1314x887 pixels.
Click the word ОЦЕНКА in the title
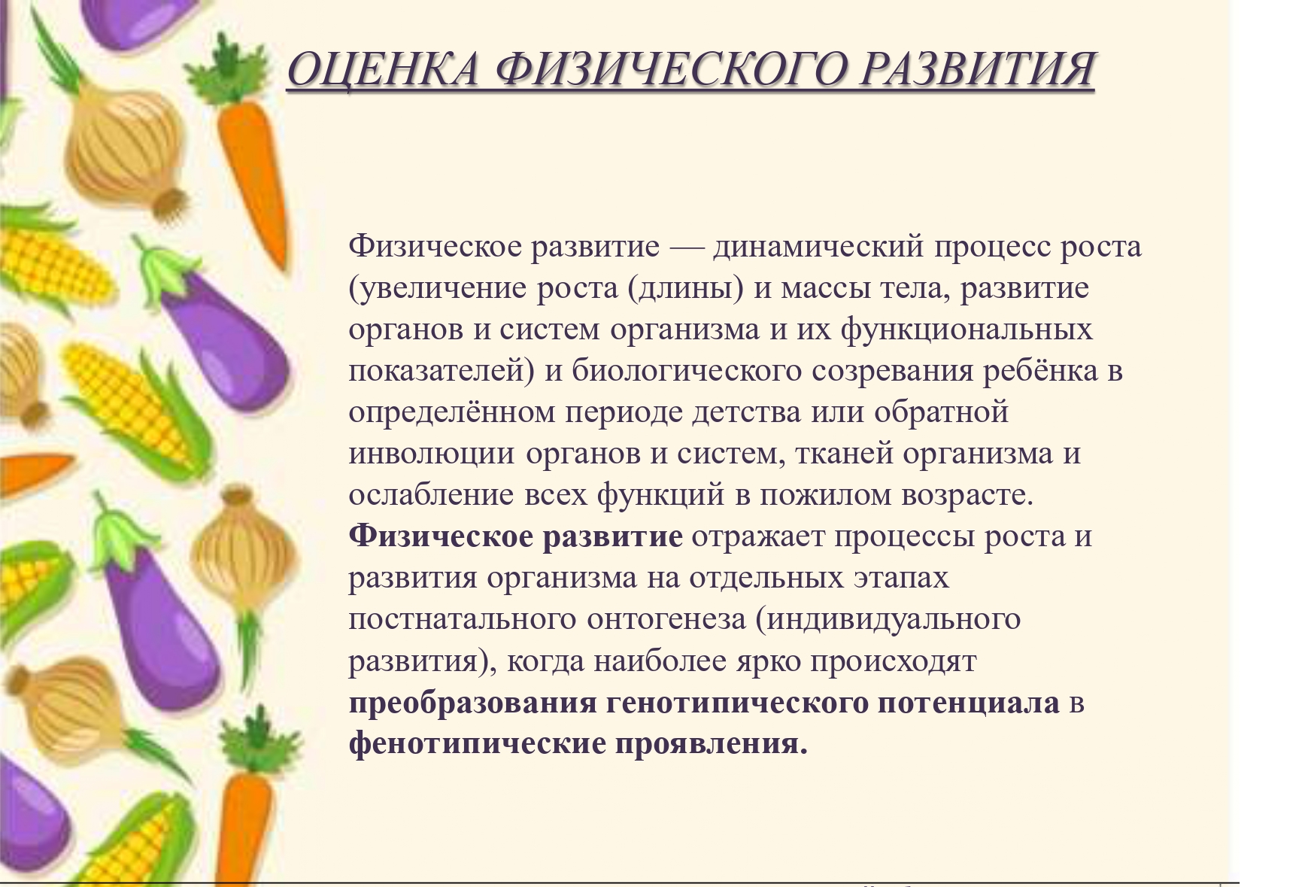point(383,69)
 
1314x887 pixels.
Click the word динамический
point(818,247)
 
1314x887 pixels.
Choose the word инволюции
point(432,454)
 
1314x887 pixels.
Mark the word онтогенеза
point(666,619)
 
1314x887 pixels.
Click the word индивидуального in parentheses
point(894,620)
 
